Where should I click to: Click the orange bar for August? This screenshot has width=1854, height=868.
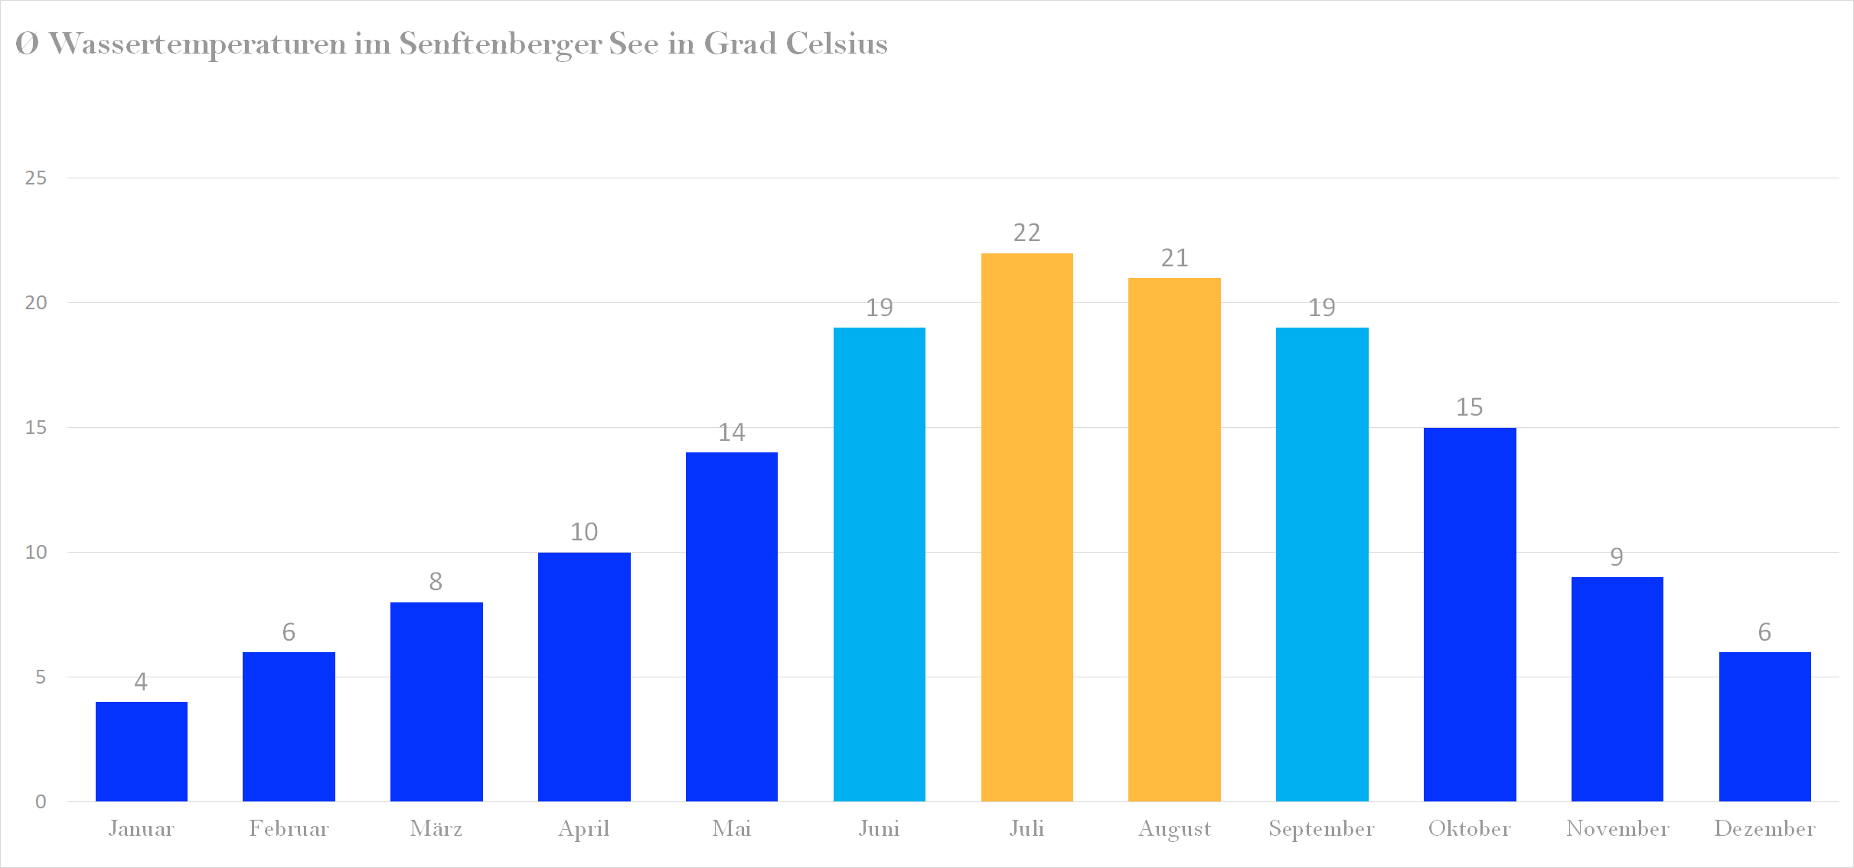point(1174,539)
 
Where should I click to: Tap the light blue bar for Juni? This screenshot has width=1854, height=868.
point(879,564)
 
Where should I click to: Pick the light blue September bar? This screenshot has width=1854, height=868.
point(1322,564)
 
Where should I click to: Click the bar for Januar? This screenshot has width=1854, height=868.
point(141,751)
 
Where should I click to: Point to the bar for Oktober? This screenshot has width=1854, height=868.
point(1469,614)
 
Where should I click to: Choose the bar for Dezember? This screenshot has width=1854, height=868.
point(1764,726)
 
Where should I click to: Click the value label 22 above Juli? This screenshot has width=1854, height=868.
point(1027,233)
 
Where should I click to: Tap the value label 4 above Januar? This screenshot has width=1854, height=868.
point(141,681)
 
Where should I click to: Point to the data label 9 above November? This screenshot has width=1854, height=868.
point(1617,556)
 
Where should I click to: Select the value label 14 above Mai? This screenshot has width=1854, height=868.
point(731,432)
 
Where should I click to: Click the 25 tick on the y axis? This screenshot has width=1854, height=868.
point(36,178)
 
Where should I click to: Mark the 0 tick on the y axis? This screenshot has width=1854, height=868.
point(41,801)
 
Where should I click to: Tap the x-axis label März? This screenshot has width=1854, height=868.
point(436,828)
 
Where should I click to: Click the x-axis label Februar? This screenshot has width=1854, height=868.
point(289,828)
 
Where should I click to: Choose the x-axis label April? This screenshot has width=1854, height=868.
point(583,828)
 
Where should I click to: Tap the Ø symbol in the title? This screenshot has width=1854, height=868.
point(27,44)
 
